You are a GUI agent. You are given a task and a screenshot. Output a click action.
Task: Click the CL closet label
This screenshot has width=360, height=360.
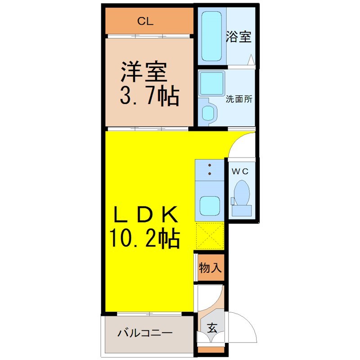(x=145, y=21)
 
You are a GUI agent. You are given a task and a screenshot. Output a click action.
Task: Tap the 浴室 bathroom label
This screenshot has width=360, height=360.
(x=238, y=36)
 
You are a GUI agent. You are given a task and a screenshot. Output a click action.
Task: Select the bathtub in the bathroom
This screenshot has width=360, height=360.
(x=211, y=36)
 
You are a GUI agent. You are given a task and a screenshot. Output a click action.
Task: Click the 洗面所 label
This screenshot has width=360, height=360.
(x=239, y=99)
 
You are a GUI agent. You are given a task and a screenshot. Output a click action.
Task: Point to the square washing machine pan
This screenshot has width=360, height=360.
(x=211, y=84)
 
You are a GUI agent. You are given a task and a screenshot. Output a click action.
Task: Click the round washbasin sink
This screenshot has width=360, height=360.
(x=209, y=112)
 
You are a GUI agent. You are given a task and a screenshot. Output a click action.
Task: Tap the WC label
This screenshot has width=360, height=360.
(x=240, y=171)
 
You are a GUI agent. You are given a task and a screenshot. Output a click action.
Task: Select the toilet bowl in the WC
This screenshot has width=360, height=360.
(x=242, y=193)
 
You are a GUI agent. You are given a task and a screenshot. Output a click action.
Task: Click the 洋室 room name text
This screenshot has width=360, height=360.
(x=144, y=72)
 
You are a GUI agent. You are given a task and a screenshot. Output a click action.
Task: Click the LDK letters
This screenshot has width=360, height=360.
(x=145, y=215)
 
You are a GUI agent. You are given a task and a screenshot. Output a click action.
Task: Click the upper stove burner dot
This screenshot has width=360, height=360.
(x=210, y=165)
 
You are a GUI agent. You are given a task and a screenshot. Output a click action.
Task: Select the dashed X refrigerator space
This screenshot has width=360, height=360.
(x=210, y=236)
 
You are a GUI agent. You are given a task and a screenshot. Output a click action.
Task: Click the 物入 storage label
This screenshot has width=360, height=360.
(x=210, y=267)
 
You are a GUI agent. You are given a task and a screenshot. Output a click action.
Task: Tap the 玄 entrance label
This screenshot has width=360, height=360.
(x=211, y=328)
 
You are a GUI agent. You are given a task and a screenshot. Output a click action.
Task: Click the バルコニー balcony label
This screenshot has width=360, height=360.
(x=145, y=333)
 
